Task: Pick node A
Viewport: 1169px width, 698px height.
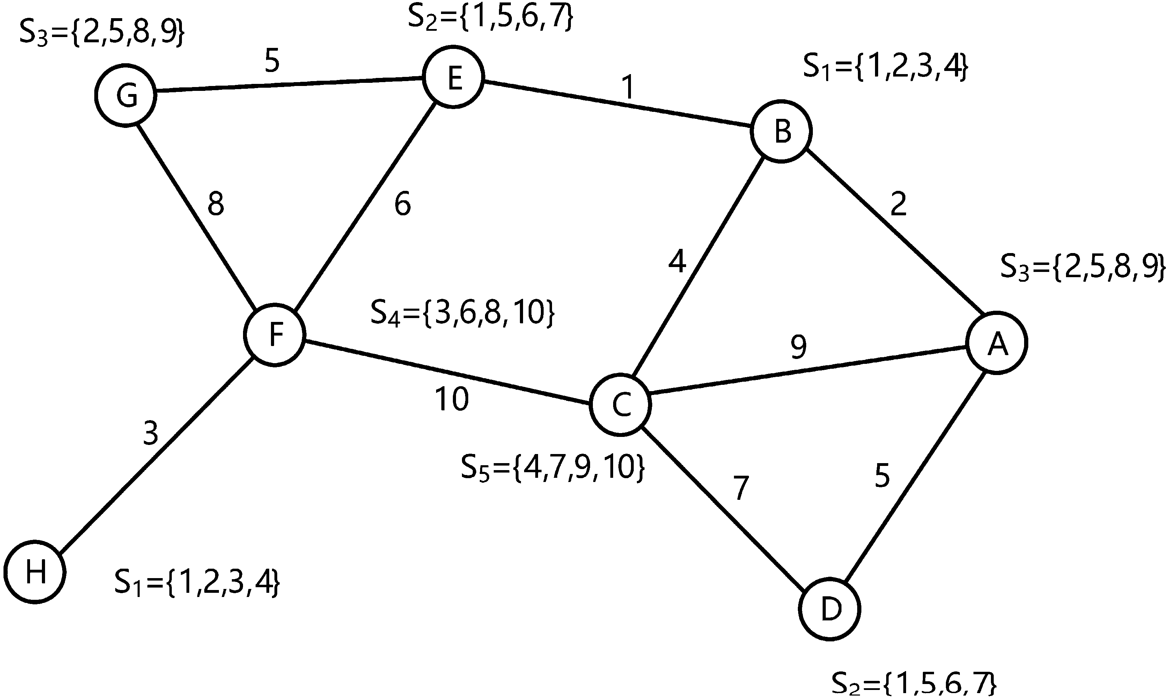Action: click(997, 343)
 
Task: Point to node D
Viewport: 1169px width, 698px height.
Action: click(830, 610)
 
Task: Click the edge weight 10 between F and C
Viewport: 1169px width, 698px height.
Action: click(451, 399)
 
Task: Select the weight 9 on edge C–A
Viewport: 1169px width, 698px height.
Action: click(798, 347)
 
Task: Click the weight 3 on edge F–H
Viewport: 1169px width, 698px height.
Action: click(150, 433)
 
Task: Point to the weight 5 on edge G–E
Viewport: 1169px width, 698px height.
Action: click(272, 61)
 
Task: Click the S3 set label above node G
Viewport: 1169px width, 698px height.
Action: click(102, 34)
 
